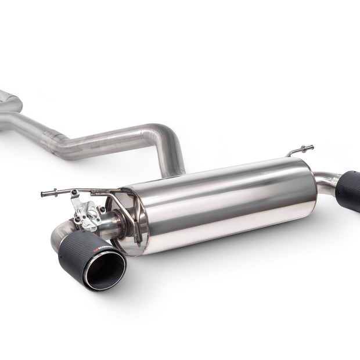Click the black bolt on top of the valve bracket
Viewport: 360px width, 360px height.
point(74,193)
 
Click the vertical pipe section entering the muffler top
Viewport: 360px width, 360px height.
point(174,163)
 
